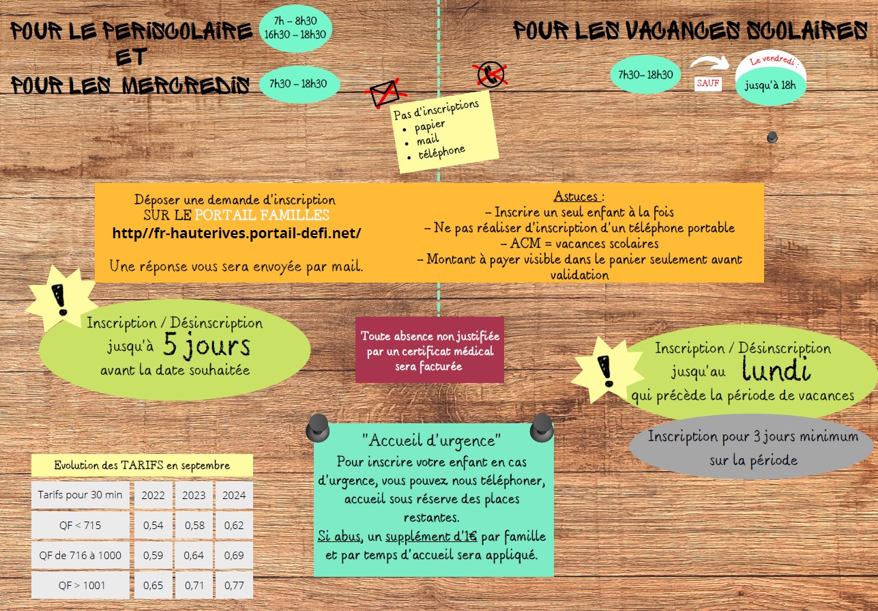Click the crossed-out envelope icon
(x=384, y=92)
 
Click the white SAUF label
(x=707, y=83)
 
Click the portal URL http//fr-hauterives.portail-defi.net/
(x=236, y=233)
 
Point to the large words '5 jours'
(x=207, y=347)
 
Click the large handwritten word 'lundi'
(x=776, y=371)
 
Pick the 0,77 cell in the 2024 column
(x=234, y=585)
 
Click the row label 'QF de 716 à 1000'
(x=81, y=555)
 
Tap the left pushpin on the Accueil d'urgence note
(x=317, y=427)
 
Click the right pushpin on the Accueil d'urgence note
(x=542, y=426)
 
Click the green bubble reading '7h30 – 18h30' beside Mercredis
(x=298, y=84)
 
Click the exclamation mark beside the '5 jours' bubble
(x=61, y=300)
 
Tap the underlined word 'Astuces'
(x=576, y=197)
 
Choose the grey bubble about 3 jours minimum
(x=753, y=447)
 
